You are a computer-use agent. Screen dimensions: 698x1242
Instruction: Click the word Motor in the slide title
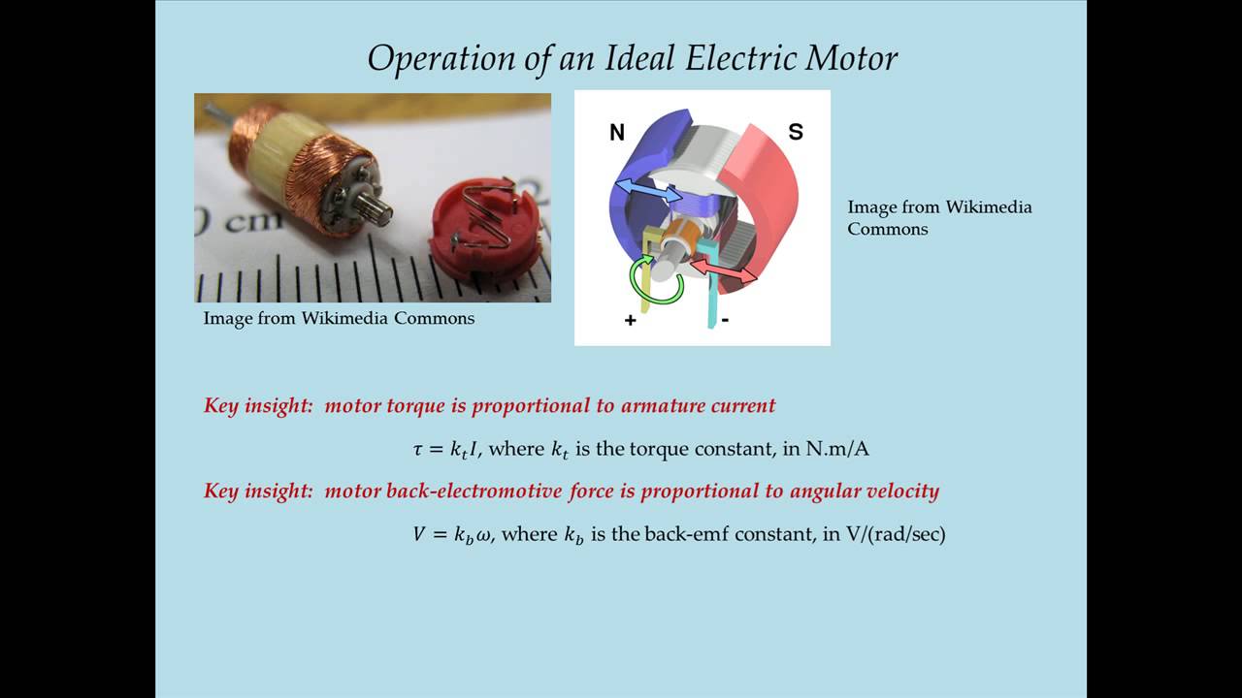(x=853, y=59)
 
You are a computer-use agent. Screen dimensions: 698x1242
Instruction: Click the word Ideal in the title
(x=631, y=59)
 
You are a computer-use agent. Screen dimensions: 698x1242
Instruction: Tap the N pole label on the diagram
(x=617, y=133)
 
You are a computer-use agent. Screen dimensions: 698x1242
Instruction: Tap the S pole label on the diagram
(x=796, y=132)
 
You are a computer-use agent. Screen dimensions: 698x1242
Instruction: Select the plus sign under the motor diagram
(x=631, y=320)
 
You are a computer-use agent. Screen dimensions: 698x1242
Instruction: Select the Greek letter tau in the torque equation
(x=419, y=449)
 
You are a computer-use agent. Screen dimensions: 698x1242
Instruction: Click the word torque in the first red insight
(x=415, y=405)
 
